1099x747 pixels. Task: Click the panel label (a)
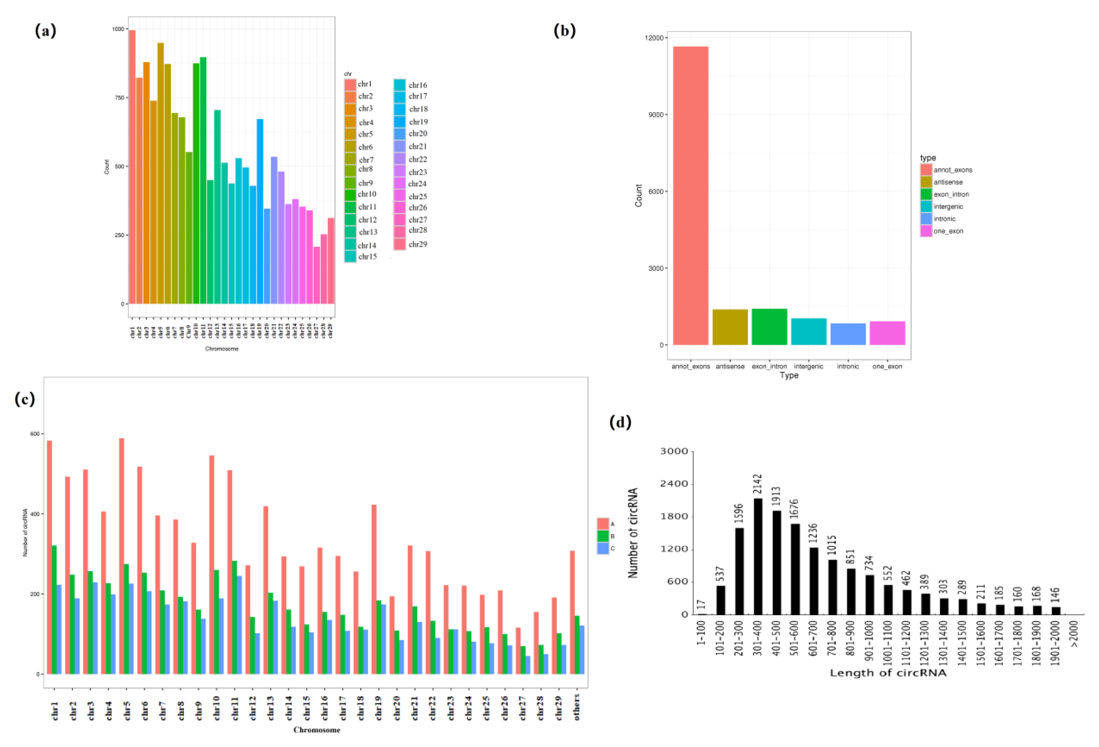point(46,31)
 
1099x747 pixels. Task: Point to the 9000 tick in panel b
point(655,114)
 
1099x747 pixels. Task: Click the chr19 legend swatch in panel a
point(400,122)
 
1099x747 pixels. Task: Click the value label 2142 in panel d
point(757,484)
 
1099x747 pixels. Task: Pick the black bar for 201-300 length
point(739,571)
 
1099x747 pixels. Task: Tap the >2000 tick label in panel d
point(1074,634)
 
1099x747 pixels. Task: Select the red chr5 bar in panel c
point(122,556)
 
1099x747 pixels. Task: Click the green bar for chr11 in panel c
point(234,617)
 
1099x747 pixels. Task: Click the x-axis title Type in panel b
point(789,375)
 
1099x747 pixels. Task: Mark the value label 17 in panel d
point(702,605)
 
